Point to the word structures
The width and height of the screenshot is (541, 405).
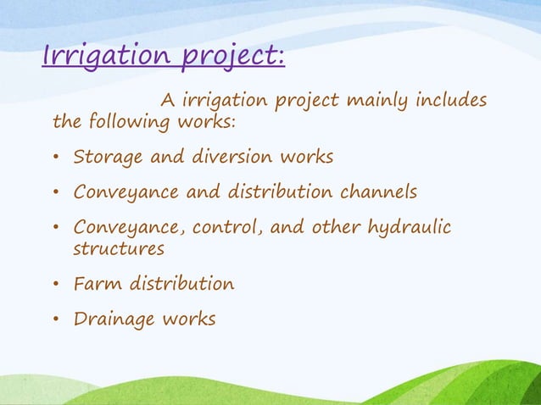click(119, 249)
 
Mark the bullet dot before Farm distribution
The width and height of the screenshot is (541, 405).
click(56, 285)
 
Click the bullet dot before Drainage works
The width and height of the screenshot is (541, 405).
click(56, 320)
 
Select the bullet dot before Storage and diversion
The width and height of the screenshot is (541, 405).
click(56, 158)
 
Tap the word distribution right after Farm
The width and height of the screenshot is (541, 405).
click(181, 284)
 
